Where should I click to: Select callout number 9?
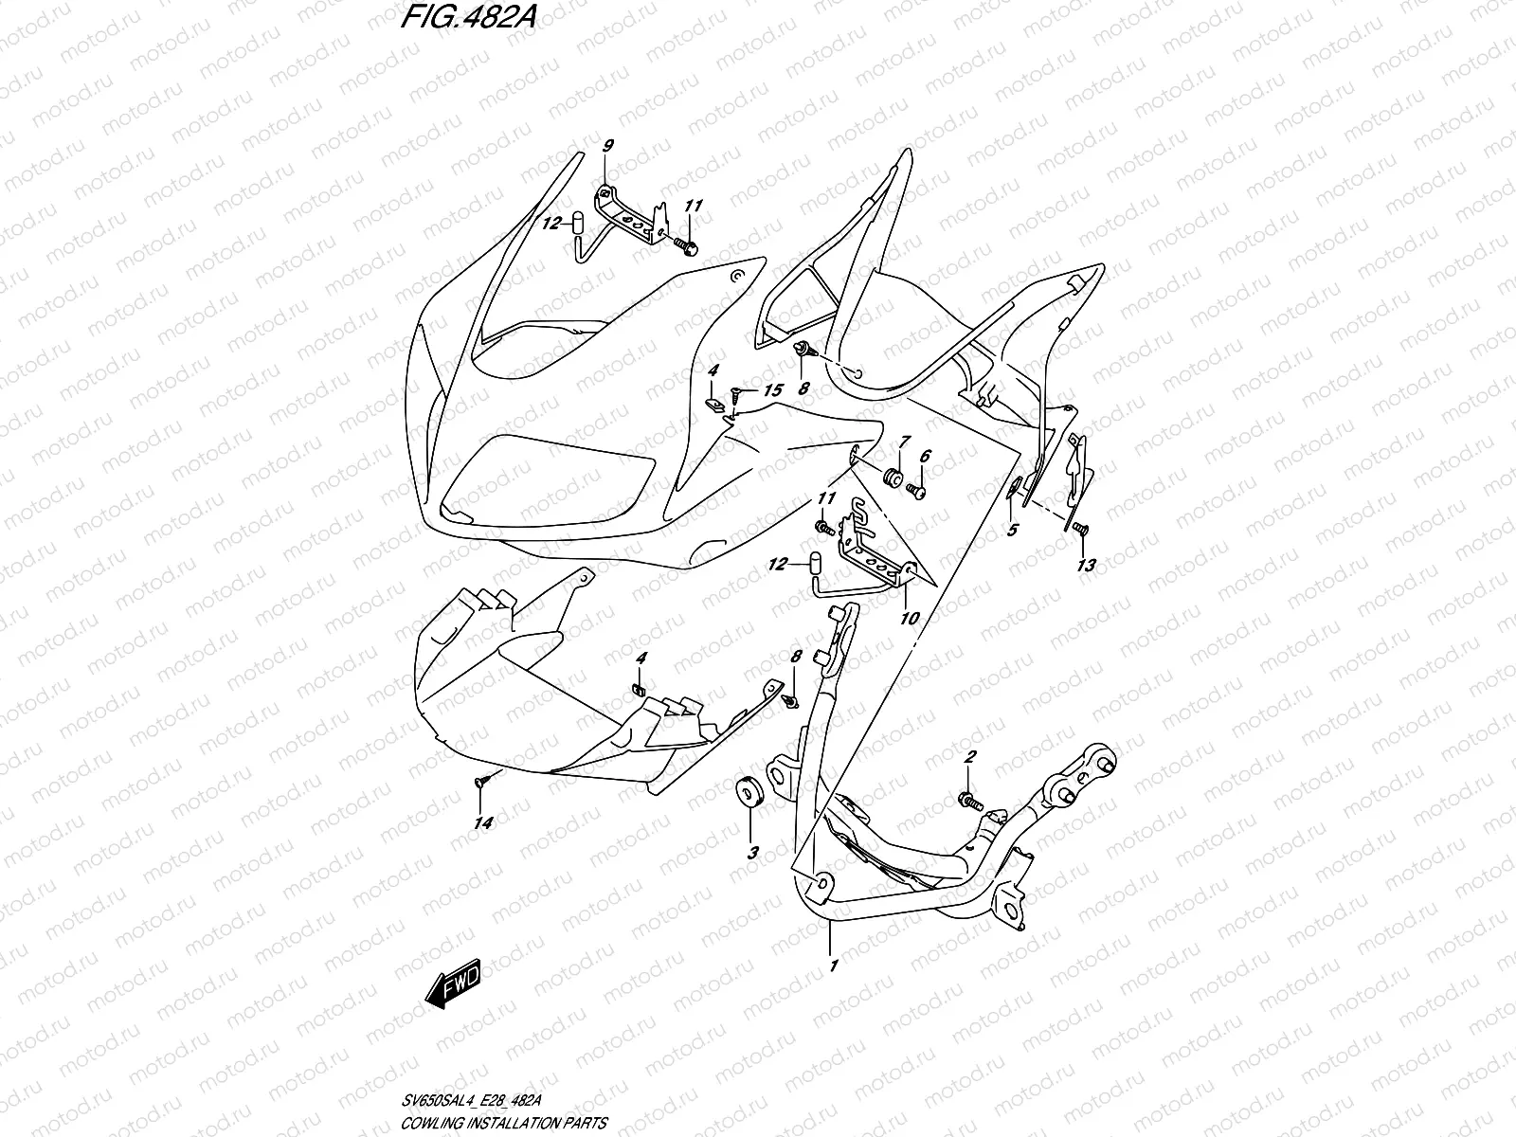point(607,145)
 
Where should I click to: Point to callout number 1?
point(834,966)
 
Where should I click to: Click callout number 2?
point(969,757)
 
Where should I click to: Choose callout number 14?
point(483,823)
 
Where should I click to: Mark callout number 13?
point(1086,566)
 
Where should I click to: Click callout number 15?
point(772,390)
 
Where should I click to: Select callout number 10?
point(910,619)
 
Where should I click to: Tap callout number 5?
point(1012,530)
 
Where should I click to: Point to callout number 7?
point(905,442)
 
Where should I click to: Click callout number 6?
point(926,457)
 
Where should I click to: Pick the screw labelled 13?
point(1081,529)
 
